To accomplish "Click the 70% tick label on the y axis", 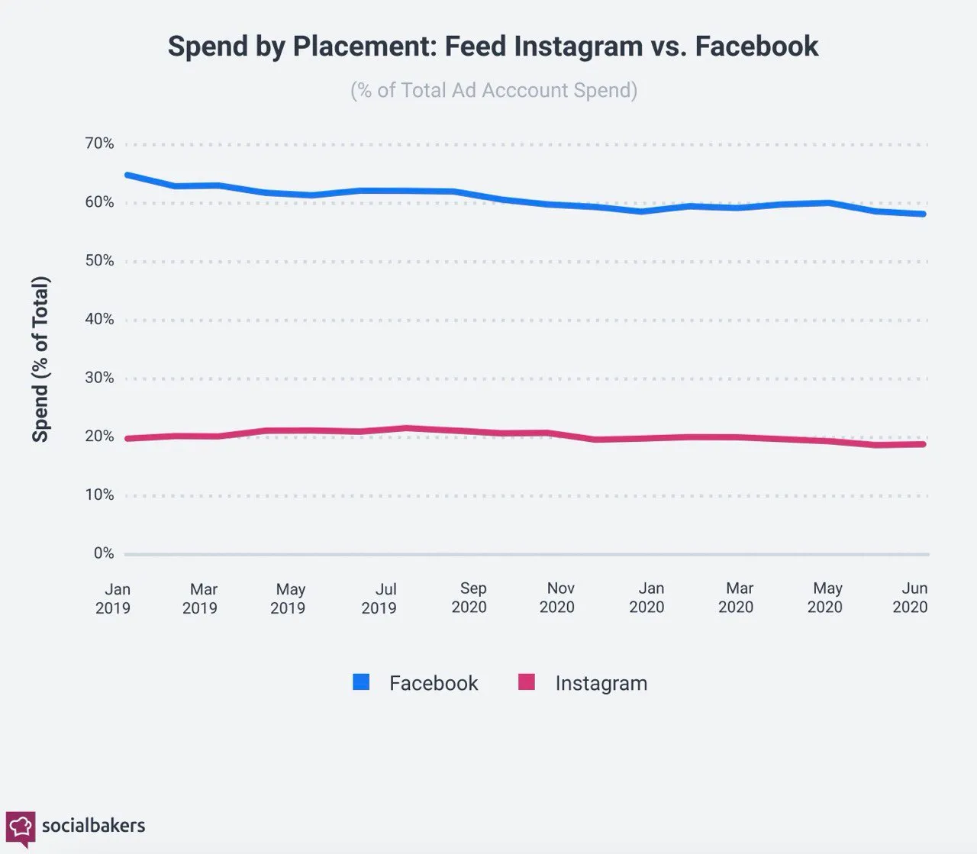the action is (99, 143).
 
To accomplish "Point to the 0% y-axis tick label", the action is (104, 553).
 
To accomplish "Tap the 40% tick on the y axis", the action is (99, 319).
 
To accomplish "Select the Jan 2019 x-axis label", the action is (113, 598).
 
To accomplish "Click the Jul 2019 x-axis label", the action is (379, 598).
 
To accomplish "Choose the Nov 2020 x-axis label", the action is (556, 598).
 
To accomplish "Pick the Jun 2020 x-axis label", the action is (910, 598).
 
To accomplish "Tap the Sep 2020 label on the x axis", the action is (469, 598).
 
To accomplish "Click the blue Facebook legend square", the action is (361, 682).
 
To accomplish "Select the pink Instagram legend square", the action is (526, 682).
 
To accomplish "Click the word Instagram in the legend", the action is (601, 683).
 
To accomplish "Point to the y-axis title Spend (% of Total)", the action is (40, 359).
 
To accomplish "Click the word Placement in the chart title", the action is (365, 47).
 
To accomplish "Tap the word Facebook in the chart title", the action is (756, 47).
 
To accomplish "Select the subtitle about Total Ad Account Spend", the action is (494, 90).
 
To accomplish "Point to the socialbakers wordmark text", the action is (94, 826).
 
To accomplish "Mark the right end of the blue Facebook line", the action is (924, 214).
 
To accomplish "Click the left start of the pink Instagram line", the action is (127, 438).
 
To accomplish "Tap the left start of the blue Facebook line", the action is (127, 175).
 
